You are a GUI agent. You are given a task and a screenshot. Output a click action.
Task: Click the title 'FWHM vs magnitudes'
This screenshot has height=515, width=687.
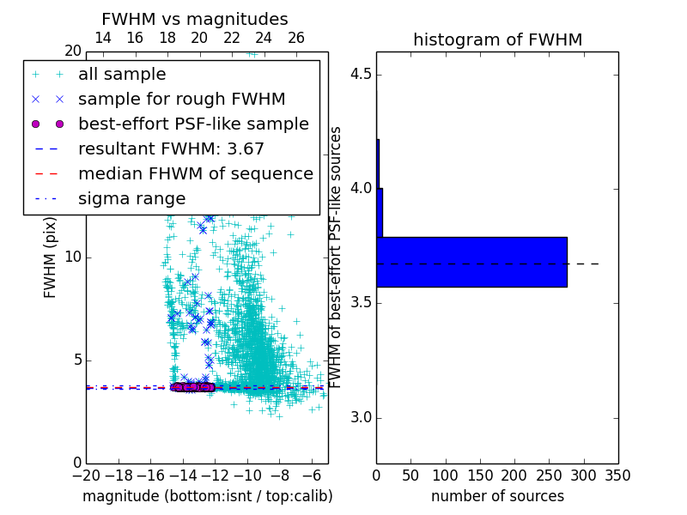point(195,19)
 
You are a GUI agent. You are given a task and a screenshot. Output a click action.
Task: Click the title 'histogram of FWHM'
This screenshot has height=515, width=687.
point(497,39)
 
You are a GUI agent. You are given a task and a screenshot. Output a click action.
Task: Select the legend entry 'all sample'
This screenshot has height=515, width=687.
point(122,75)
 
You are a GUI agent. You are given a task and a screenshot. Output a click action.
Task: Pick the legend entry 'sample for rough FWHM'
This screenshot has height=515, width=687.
point(181,99)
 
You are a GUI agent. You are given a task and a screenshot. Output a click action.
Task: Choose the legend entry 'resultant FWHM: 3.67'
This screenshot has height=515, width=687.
point(171,148)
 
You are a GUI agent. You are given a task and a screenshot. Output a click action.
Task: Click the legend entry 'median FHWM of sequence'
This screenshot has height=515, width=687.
point(195,173)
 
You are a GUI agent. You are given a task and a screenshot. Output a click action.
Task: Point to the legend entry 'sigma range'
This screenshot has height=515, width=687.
point(131,198)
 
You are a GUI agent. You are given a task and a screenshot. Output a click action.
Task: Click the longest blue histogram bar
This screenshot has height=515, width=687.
point(471,262)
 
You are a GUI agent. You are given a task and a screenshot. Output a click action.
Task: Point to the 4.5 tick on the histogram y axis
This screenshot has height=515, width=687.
point(361,74)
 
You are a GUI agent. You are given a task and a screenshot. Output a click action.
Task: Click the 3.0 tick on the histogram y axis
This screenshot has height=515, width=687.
point(361,418)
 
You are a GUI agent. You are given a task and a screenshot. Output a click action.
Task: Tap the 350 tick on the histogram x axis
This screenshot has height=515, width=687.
point(618,474)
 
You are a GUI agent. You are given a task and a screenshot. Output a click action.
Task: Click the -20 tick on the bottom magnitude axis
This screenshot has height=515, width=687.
point(86,474)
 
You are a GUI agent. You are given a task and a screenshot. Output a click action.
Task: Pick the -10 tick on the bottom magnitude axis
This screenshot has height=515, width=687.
point(247,474)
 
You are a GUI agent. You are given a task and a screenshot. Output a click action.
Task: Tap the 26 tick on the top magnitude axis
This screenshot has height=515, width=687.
point(295,38)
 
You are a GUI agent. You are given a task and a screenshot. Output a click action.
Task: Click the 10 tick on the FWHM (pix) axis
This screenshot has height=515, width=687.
point(73,257)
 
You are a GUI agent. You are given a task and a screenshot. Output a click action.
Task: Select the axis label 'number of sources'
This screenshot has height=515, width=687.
point(497,496)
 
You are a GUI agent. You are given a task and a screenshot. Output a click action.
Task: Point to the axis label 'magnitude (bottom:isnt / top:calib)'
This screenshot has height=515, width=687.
point(207,496)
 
